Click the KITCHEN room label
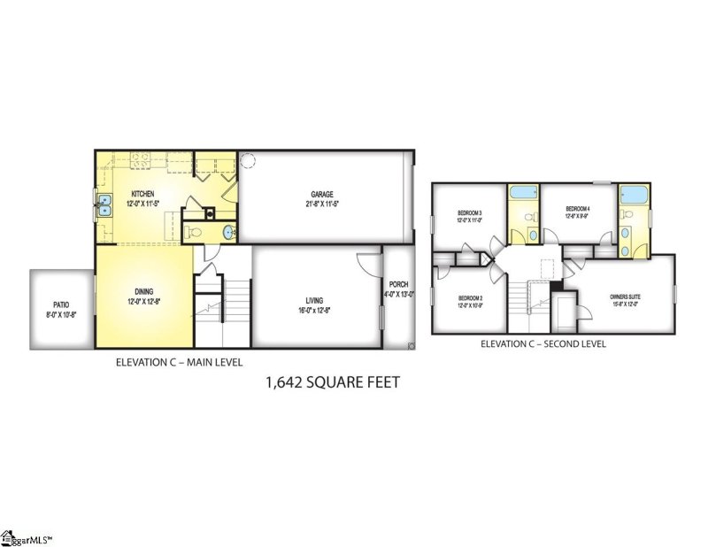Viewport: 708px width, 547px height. coord(142,194)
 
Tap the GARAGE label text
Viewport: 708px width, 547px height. coord(320,195)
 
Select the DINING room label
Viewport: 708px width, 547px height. coord(142,291)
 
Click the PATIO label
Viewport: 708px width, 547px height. coord(60,303)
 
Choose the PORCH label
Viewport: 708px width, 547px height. coord(397,285)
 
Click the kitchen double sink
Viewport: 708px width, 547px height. coord(104,206)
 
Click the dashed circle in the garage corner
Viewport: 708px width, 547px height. coord(249,160)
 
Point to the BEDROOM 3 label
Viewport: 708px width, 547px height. coord(469,213)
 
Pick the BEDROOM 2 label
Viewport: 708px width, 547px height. coord(469,298)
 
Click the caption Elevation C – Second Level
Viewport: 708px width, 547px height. coord(549,343)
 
